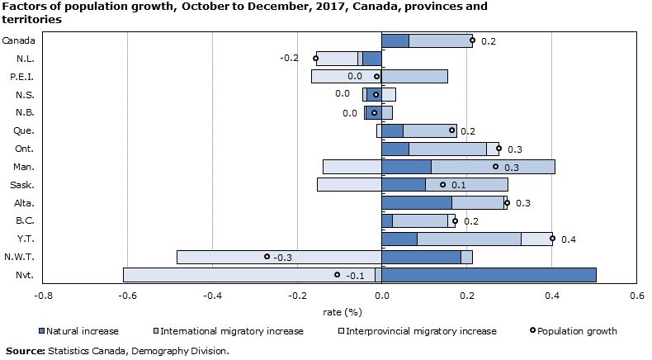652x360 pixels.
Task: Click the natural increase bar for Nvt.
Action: pyautogui.click(x=489, y=275)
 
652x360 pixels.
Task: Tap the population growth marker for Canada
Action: pyautogui.click(x=472, y=40)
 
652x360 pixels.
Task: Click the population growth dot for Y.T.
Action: pyautogui.click(x=552, y=239)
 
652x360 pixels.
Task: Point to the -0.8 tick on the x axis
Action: pyautogui.click(x=43, y=296)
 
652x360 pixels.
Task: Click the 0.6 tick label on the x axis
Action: pyautogui.click(x=636, y=296)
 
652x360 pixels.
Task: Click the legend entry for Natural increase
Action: pyautogui.click(x=83, y=331)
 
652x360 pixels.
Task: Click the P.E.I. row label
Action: pyautogui.click(x=21, y=76)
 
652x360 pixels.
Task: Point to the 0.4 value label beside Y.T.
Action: pyautogui.click(x=568, y=239)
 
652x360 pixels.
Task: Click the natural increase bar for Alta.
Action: pyautogui.click(x=417, y=202)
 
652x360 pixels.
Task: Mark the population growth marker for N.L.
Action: pyautogui.click(x=315, y=58)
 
